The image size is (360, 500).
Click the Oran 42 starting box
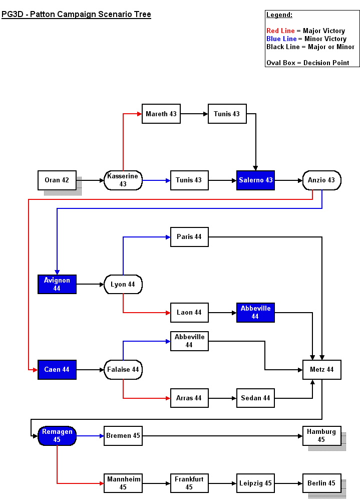[x=57, y=180]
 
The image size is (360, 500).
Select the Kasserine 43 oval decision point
[x=123, y=180]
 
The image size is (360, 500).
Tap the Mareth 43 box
[x=161, y=114]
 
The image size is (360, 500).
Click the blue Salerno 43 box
[x=256, y=180]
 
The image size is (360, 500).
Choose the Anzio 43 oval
[x=321, y=180]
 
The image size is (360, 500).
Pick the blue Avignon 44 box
[x=57, y=284]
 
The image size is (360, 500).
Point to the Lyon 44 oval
[x=123, y=285]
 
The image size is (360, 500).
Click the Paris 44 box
[x=189, y=237]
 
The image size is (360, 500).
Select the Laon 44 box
[x=189, y=313]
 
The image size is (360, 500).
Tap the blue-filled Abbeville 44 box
[x=255, y=313]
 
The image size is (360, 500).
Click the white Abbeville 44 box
[x=189, y=341]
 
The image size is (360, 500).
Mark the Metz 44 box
[x=321, y=370]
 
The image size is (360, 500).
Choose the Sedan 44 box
[x=255, y=398]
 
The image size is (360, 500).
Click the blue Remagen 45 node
[x=57, y=436]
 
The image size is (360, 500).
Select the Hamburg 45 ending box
[x=321, y=436]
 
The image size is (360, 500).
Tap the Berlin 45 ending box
[x=321, y=483]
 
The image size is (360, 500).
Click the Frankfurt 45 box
[x=189, y=483]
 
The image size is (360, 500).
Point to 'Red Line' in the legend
[x=280, y=31]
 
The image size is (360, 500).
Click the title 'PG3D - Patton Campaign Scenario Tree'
[x=76, y=15]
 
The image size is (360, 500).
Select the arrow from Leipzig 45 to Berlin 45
[x=288, y=483]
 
